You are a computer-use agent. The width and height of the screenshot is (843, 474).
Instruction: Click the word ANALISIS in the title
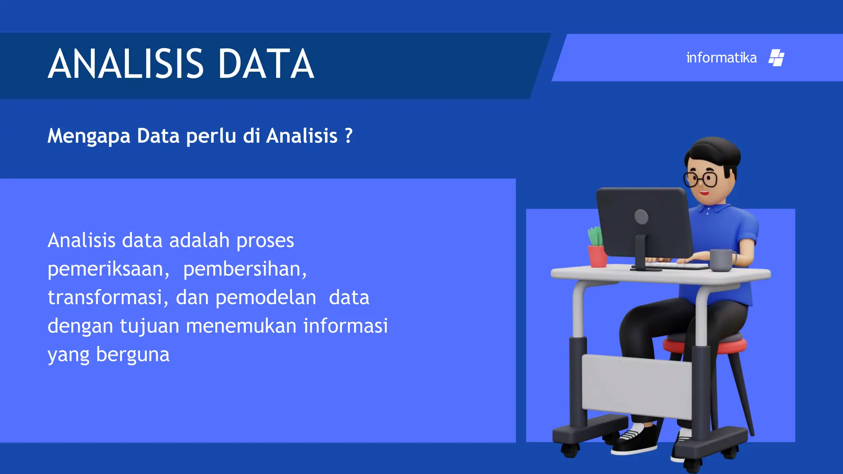click(126, 64)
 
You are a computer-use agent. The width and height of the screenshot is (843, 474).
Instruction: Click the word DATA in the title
click(266, 64)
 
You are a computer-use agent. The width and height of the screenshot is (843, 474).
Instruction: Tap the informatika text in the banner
click(721, 58)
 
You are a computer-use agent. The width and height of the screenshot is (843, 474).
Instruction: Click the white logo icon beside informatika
click(776, 58)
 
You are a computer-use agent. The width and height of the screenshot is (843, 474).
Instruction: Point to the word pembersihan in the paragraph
click(245, 270)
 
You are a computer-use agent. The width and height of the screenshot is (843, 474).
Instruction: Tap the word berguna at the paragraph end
click(133, 355)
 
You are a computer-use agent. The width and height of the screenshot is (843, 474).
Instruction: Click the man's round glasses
click(701, 179)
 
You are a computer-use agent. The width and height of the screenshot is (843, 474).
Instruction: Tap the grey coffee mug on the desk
click(721, 260)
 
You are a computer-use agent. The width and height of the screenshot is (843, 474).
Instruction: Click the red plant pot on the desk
click(597, 256)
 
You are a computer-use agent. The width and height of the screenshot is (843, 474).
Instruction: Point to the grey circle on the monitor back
click(641, 217)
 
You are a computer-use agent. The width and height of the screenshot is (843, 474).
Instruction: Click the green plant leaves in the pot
click(595, 236)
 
